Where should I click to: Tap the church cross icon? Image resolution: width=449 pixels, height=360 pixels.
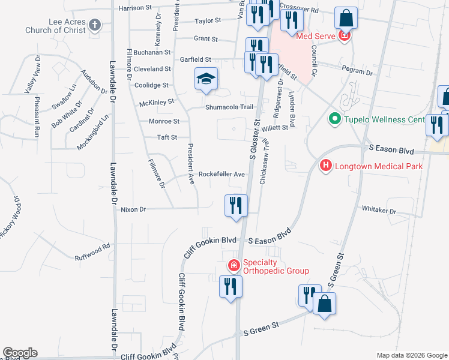tap(94, 25)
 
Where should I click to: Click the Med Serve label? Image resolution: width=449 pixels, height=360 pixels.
tap(315, 35)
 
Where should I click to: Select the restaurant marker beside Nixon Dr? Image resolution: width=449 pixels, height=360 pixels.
tap(236, 206)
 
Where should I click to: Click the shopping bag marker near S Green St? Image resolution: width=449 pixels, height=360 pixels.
tap(324, 304)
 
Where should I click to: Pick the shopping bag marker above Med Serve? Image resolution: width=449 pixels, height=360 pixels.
tap(346, 18)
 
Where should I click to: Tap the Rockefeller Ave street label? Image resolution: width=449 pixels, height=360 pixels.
tap(222, 174)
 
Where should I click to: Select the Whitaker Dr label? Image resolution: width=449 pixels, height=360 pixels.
tap(379, 211)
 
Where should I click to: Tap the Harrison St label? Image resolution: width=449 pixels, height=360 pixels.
tap(135, 8)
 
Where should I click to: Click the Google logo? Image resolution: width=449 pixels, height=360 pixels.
tap(20, 353)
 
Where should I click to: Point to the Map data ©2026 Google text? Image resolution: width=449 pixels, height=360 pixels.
tap(411, 355)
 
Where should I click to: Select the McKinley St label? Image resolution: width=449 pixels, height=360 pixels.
tap(156, 103)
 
